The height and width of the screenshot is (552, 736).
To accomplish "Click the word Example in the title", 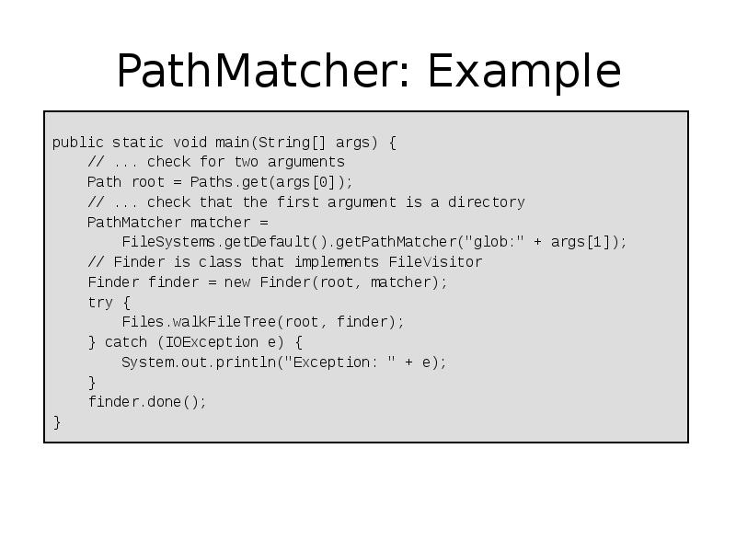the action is (524, 73).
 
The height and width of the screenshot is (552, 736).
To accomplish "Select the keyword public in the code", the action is (77, 143).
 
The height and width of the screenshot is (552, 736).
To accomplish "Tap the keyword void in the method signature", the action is (190, 143).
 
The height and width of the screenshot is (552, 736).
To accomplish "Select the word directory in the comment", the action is (486, 202).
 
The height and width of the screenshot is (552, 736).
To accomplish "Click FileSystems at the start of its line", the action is (168, 242).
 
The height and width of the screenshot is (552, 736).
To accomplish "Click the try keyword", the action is (100, 303).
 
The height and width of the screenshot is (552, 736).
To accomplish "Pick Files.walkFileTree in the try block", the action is (199, 322).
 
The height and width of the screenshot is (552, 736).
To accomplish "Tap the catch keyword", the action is (126, 342).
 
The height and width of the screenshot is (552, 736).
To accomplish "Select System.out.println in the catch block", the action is (199, 362).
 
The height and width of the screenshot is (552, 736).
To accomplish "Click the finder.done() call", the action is (147, 402).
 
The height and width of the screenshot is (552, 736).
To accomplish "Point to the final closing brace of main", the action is (57, 422).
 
